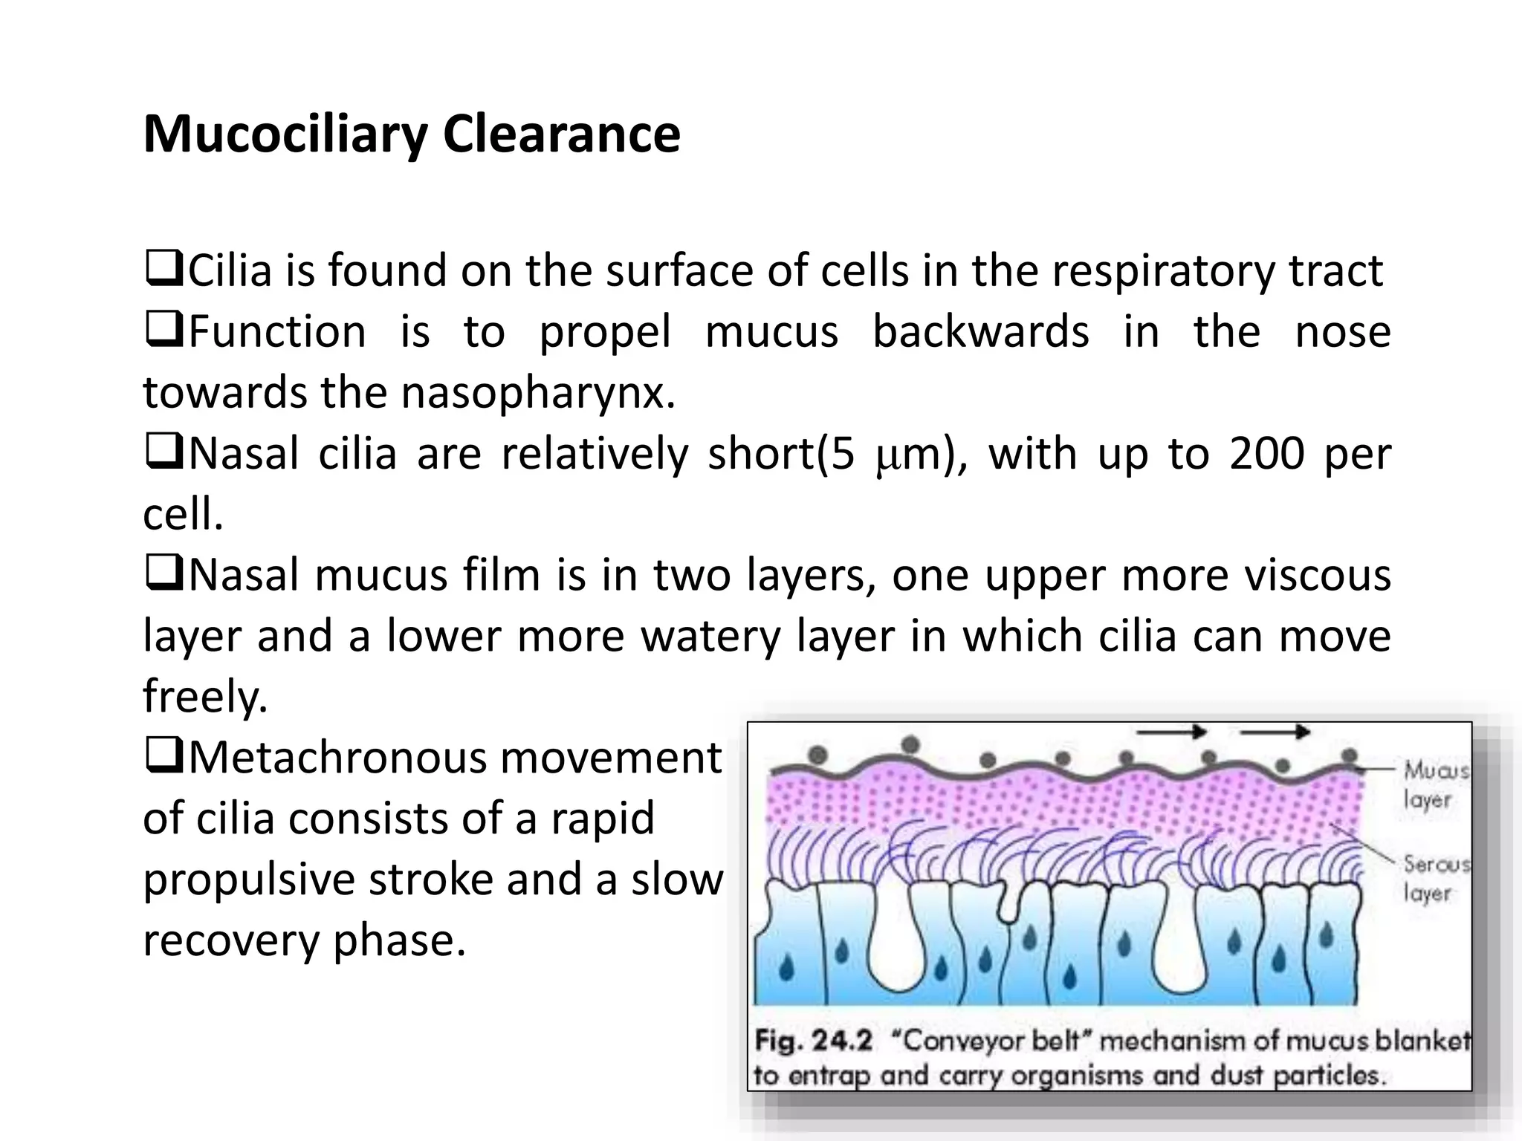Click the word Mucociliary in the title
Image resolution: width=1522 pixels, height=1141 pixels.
coord(285,135)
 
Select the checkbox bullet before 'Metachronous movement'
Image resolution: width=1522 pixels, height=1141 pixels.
coord(163,757)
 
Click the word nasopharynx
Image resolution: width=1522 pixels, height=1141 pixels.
coord(538,392)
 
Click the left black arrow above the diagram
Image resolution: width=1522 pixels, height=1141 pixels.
coord(1171,733)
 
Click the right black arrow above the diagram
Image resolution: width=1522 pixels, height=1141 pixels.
coord(1275,733)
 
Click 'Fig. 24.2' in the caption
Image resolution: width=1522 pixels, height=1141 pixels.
coord(813,1040)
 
